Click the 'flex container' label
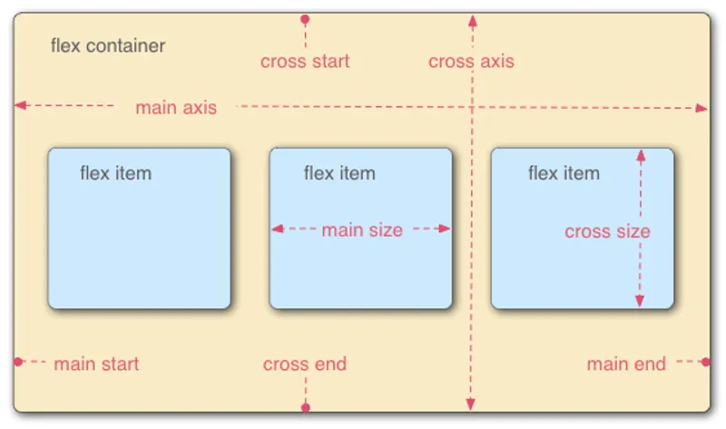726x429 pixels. click(108, 45)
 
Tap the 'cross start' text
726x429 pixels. click(304, 62)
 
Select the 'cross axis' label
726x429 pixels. click(471, 62)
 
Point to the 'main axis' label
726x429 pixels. click(176, 108)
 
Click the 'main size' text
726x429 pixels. click(361, 230)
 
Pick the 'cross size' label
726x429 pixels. click(607, 231)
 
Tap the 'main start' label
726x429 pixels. click(96, 365)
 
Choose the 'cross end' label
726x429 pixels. click(304, 365)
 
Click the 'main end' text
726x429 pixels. click(626, 365)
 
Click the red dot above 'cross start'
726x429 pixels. click(305, 18)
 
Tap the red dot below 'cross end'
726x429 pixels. click(306, 408)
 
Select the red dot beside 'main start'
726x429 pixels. click(18, 362)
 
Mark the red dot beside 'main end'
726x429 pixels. click(706, 362)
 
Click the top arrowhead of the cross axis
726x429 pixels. click(471, 20)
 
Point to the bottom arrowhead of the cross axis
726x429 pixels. click(471, 405)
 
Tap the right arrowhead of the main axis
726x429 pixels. click(701, 108)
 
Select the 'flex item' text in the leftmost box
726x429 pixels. click(115, 172)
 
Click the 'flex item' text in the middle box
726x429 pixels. click(338, 172)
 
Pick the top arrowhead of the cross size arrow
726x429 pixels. click(640, 155)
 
